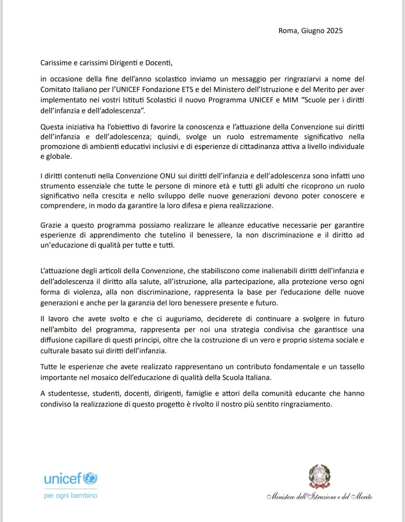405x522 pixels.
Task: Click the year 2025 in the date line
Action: coord(334,31)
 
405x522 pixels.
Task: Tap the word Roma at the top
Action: coord(287,31)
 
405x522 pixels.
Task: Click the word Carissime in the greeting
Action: coord(56,63)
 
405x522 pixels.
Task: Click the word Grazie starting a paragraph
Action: coord(51,226)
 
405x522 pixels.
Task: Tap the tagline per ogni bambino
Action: coord(70,496)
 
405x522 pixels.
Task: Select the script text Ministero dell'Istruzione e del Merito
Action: coord(319,496)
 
